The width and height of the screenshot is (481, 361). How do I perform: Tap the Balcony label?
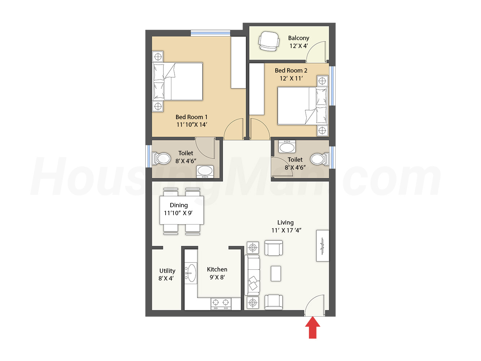[298, 38]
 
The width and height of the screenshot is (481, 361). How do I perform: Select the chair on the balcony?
[269, 41]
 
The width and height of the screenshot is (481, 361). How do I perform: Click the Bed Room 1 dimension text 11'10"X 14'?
[192, 125]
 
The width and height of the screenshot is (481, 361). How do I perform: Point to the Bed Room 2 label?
[291, 70]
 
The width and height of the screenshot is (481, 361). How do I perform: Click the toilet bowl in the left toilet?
[161, 158]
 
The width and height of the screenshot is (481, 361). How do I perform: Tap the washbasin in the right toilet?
[287, 147]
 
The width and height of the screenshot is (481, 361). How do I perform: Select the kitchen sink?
[191, 273]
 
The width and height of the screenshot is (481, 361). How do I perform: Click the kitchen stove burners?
[221, 303]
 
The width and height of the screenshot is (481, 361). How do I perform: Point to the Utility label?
[167, 270]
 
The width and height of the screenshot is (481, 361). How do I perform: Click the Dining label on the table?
[179, 205]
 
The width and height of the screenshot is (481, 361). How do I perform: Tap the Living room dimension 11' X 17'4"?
[287, 230]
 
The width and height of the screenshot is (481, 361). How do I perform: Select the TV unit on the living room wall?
[322, 246]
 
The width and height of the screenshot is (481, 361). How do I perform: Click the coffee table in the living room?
[276, 274]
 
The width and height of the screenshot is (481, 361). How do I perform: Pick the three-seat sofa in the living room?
[252, 275]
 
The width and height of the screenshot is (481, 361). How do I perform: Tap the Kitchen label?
[217, 269]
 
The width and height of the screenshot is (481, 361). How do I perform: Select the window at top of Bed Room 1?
[210, 33]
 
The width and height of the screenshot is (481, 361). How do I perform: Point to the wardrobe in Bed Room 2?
[257, 89]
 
